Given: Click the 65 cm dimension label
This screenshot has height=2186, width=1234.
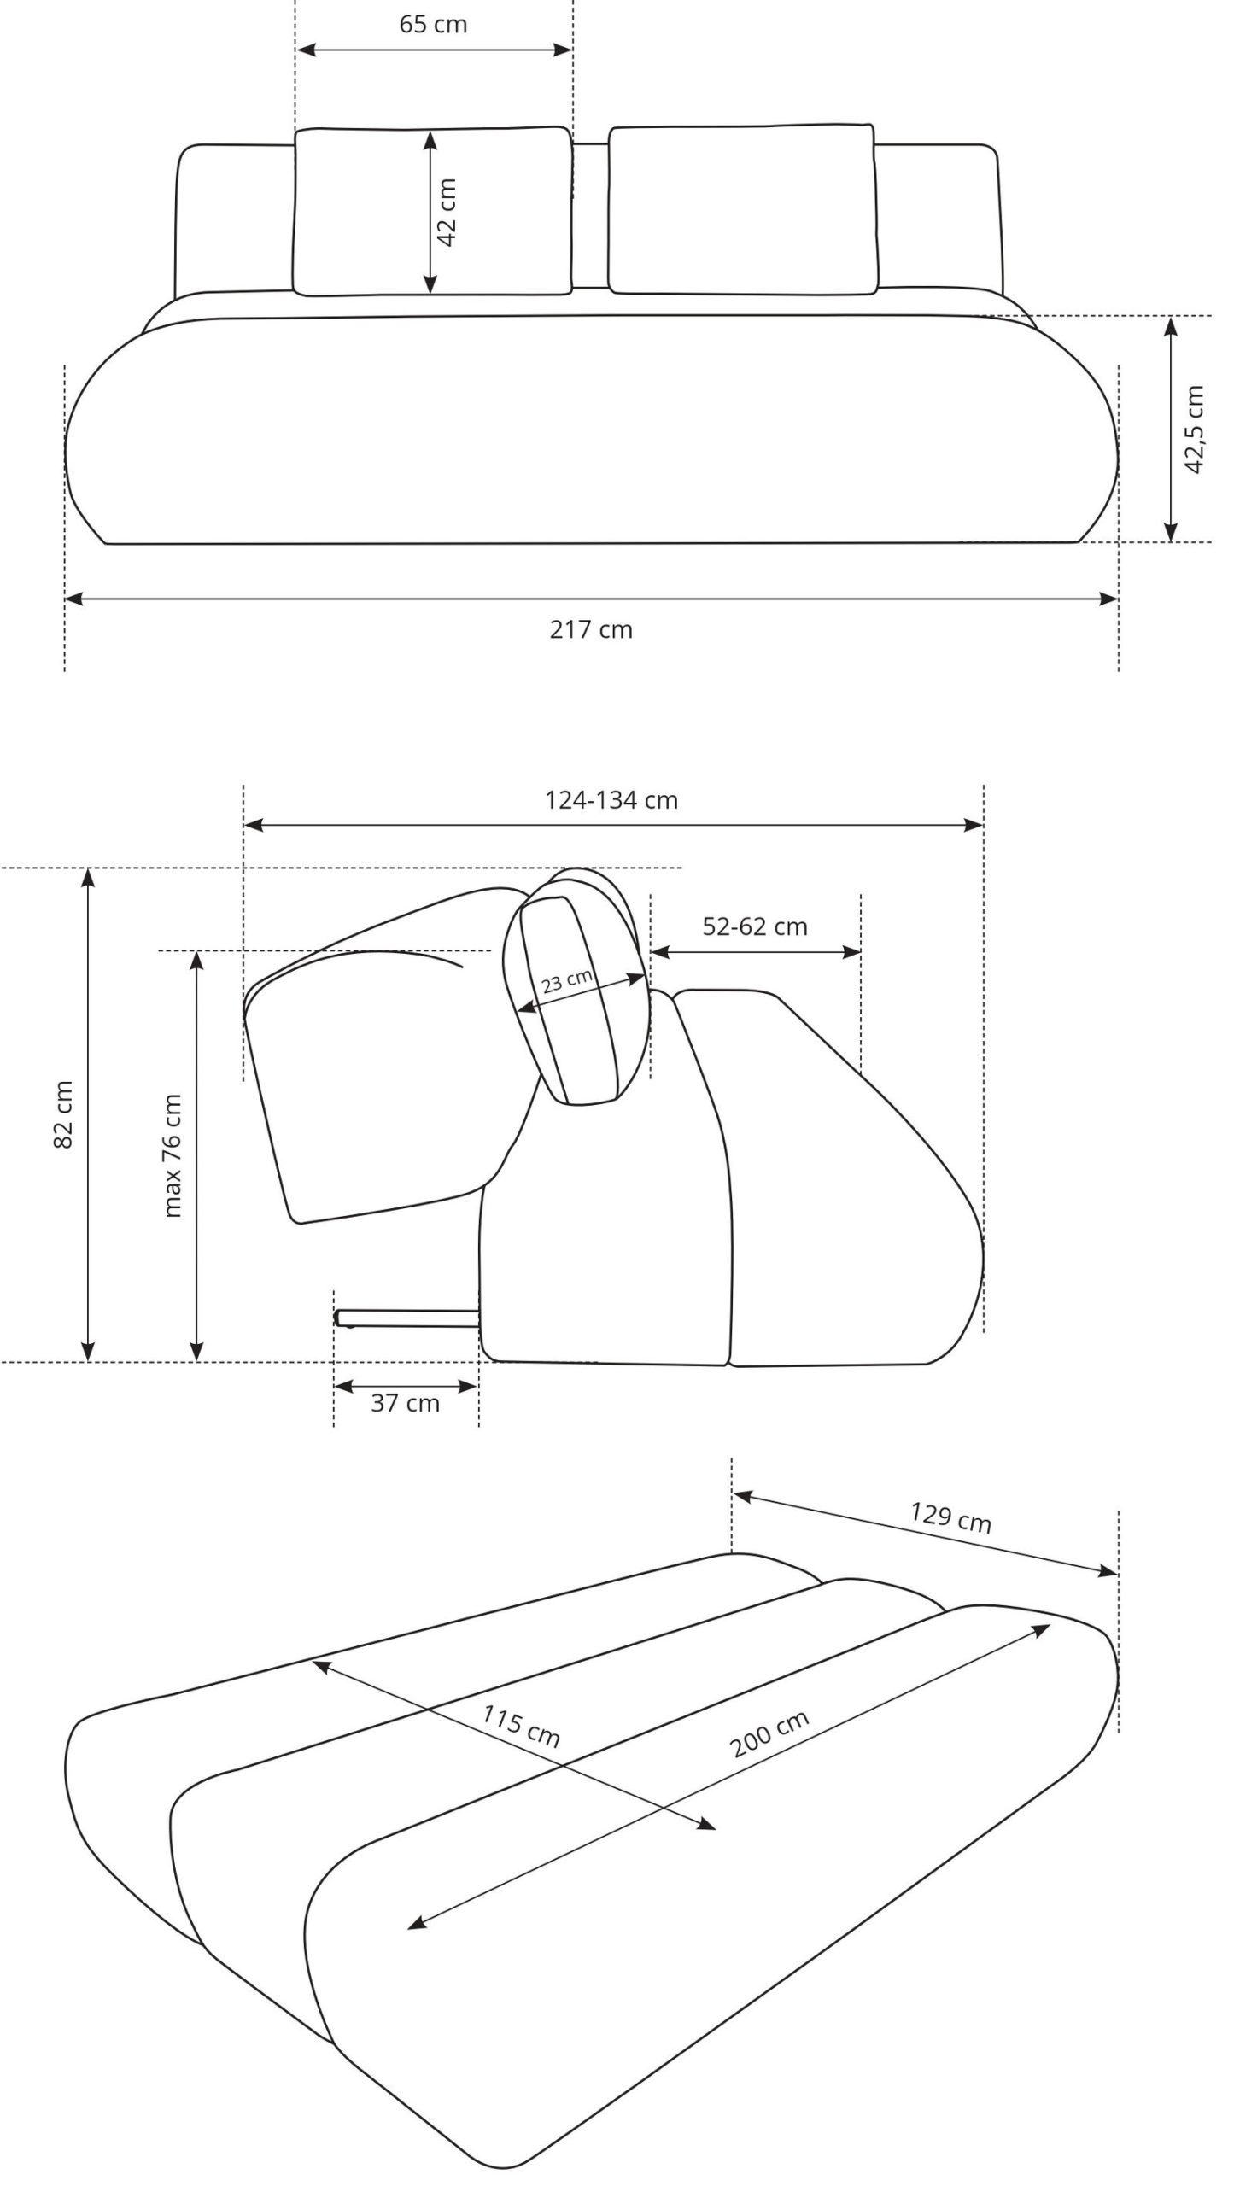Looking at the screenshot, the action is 433,24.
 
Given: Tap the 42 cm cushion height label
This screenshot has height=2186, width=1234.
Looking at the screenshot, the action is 448,212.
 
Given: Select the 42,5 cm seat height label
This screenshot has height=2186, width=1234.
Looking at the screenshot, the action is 1193,429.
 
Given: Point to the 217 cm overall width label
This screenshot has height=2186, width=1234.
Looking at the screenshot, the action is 591,630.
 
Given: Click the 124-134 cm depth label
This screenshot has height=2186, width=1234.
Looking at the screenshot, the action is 611,800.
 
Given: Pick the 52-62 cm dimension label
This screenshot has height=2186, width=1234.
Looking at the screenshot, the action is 755,926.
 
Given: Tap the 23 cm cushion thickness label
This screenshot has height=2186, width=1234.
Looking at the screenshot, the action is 567,980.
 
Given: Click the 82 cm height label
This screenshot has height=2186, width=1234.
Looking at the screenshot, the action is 64,1114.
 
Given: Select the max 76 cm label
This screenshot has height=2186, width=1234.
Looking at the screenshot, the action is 173,1155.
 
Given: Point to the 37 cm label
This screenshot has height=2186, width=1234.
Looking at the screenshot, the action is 405,1403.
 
